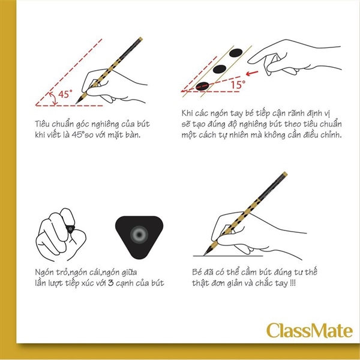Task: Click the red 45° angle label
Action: click(65, 94)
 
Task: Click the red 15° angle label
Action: click(238, 85)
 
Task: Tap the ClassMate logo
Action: click(309, 331)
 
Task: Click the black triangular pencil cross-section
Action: click(139, 237)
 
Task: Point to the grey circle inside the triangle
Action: click(139, 235)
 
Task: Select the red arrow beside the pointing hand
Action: click(252, 73)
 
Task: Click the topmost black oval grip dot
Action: click(236, 53)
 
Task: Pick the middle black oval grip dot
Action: click(220, 69)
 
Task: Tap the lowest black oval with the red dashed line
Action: click(202, 86)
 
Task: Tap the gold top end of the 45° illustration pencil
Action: click(140, 39)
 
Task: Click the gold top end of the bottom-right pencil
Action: click(285, 174)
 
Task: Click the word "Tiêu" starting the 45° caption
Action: click(41, 124)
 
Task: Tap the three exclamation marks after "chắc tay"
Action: click(293, 283)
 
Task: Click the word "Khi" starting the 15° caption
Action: click(187, 113)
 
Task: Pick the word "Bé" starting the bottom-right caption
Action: click(197, 272)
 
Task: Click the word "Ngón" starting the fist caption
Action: click(44, 272)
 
